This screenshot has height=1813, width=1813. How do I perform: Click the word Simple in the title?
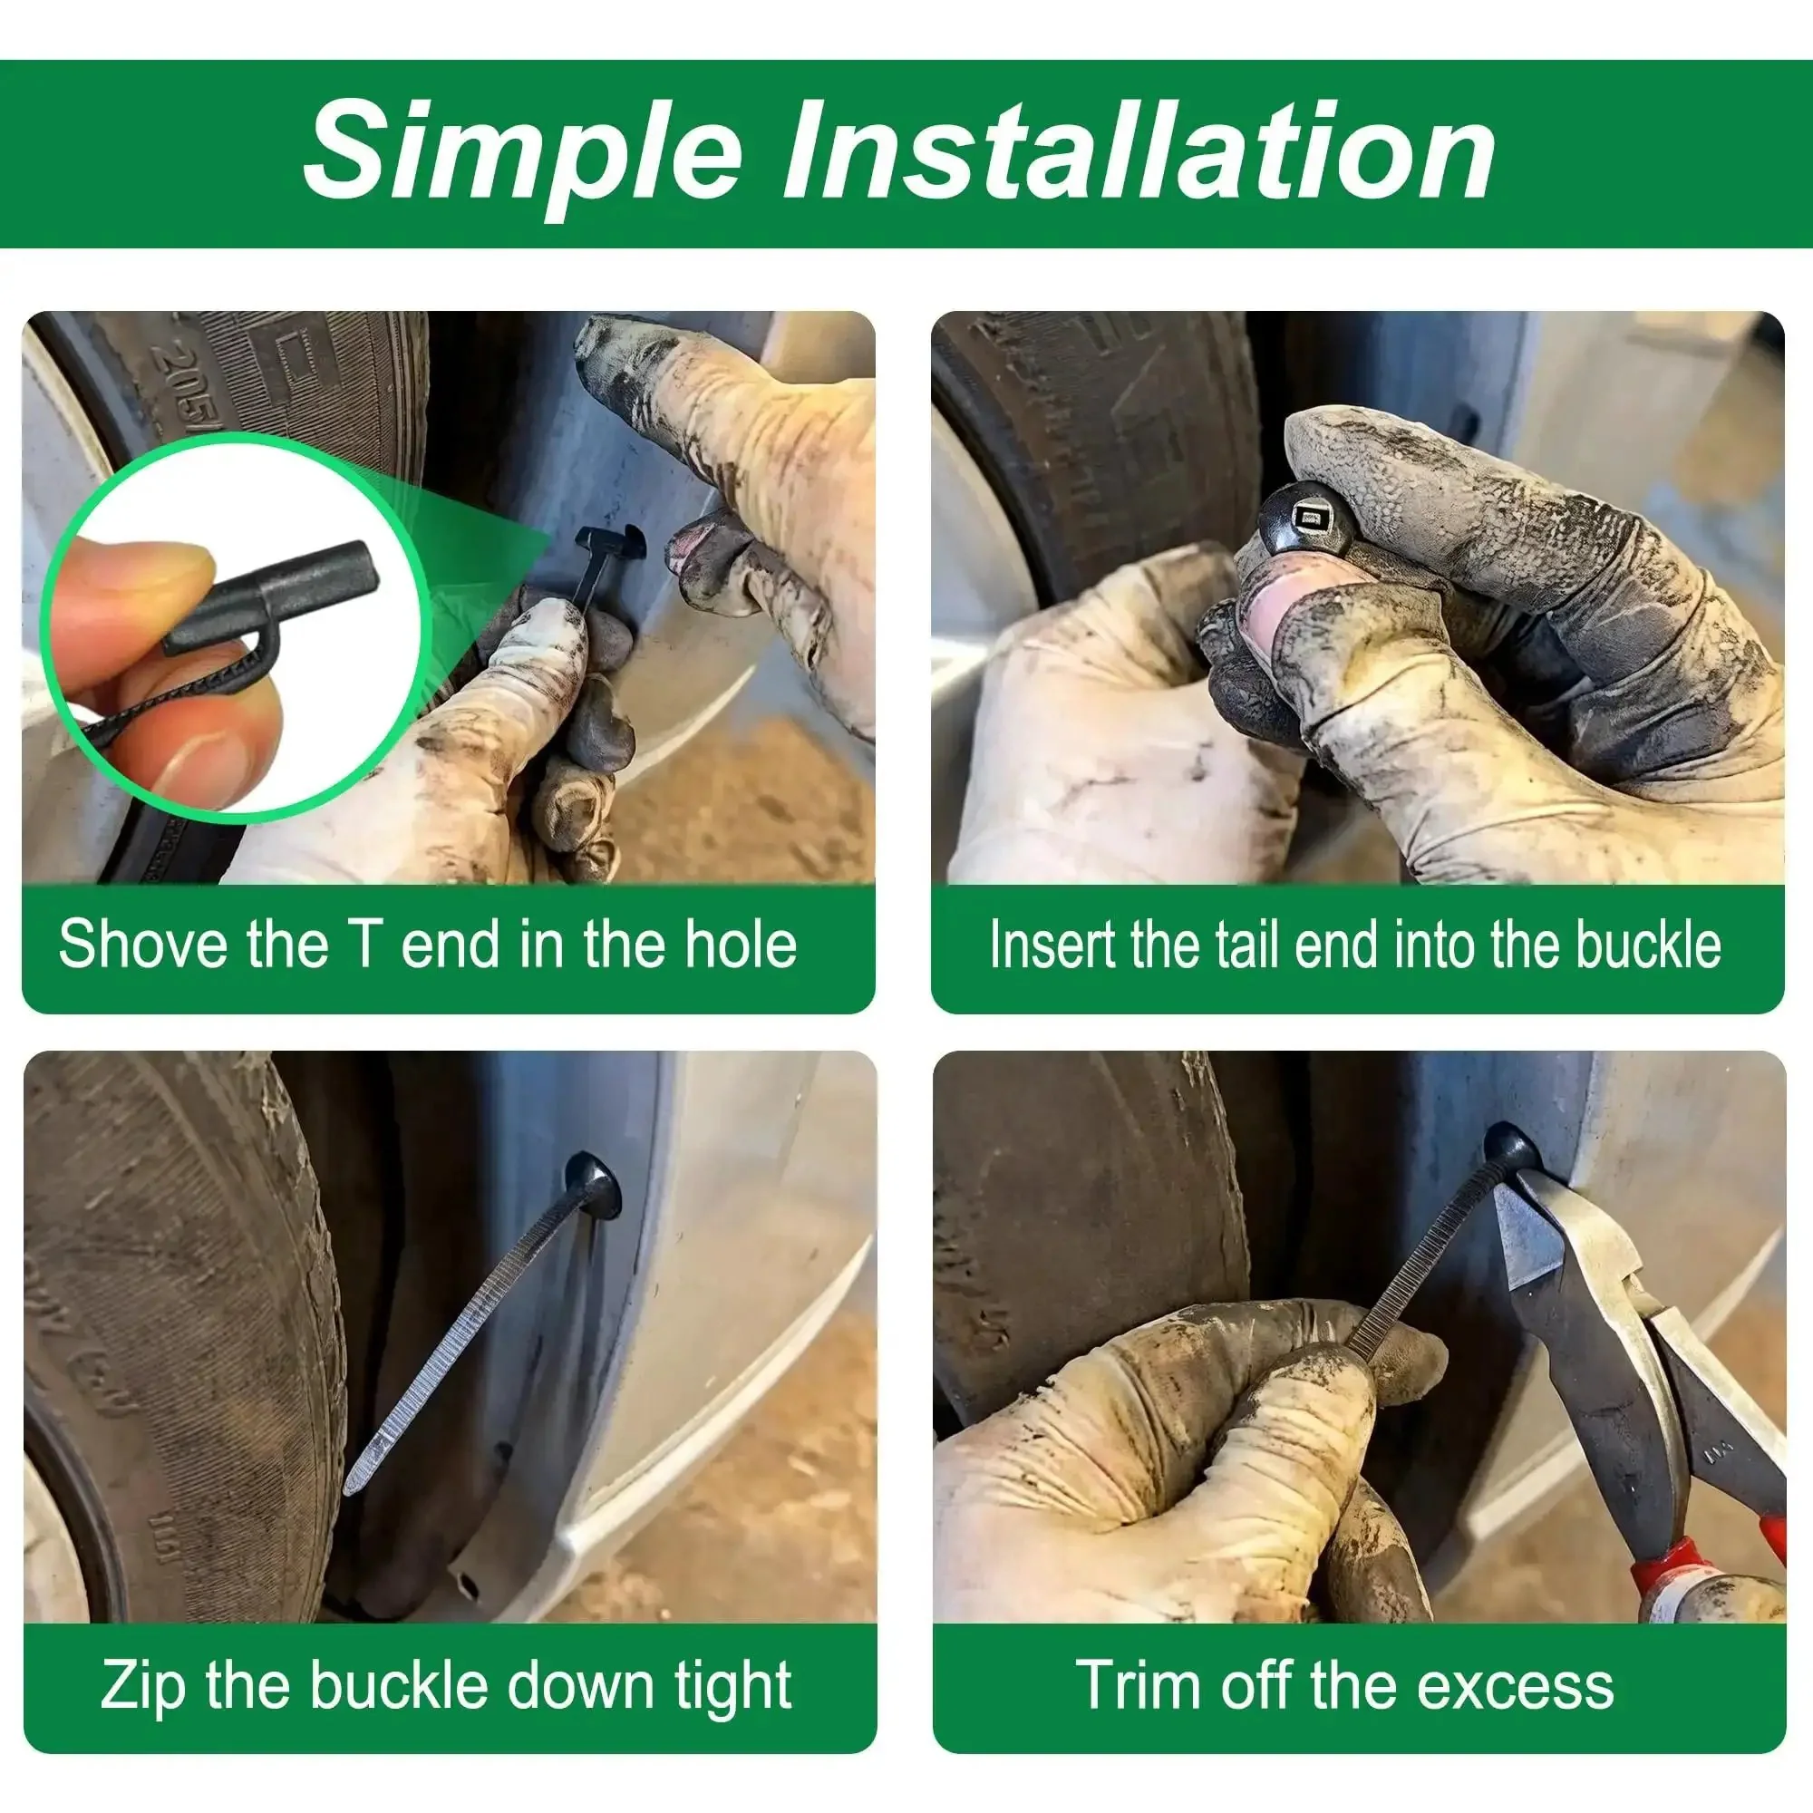pos(523,151)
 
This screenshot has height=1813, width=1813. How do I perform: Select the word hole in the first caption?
pos(741,943)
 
